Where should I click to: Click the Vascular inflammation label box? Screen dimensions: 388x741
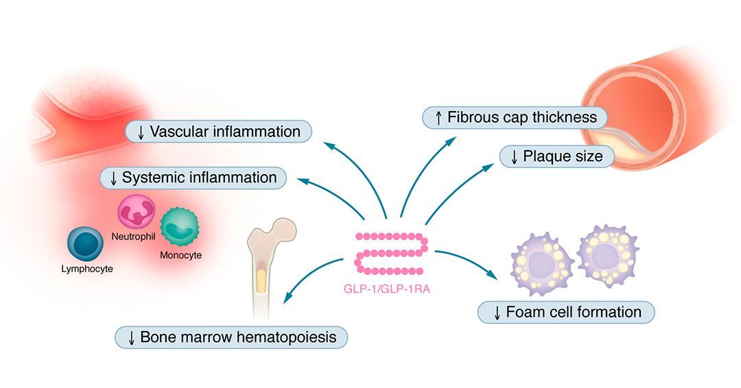pyautogui.click(x=218, y=131)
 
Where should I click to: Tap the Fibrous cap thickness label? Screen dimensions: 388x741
pyautogui.click(x=514, y=117)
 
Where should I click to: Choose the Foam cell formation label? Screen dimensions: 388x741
pyautogui.click(x=566, y=313)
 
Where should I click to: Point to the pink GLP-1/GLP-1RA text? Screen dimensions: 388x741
pyautogui.click(x=386, y=289)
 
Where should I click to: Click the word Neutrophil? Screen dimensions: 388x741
pyautogui.click(x=134, y=236)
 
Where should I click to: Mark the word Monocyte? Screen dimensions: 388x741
pyautogui.click(x=180, y=255)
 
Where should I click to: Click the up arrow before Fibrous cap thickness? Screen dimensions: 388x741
pyautogui.click(x=438, y=118)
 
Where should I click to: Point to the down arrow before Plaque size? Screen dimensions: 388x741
pyautogui.click(x=513, y=157)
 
